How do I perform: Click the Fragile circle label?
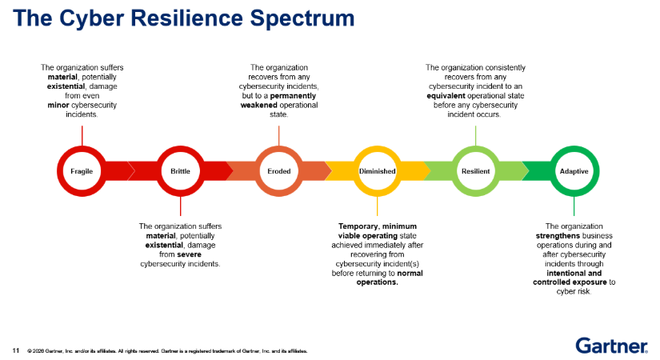click(x=82, y=171)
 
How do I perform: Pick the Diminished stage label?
click(x=377, y=171)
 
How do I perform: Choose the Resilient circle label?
click(x=476, y=171)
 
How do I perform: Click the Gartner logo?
click(x=611, y=346)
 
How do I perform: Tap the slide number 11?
click(x=16, y=350)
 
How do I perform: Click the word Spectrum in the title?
click(x=302, y=18)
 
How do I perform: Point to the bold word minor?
click(x=58, y=105)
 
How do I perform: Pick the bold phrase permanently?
click(x=293, y=95)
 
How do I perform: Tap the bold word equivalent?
click(x=446, y=95)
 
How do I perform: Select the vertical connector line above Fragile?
click(x=82, y=136)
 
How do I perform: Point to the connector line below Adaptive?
click(x=574, y=206)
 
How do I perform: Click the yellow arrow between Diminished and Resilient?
click(x=414, y=171)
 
